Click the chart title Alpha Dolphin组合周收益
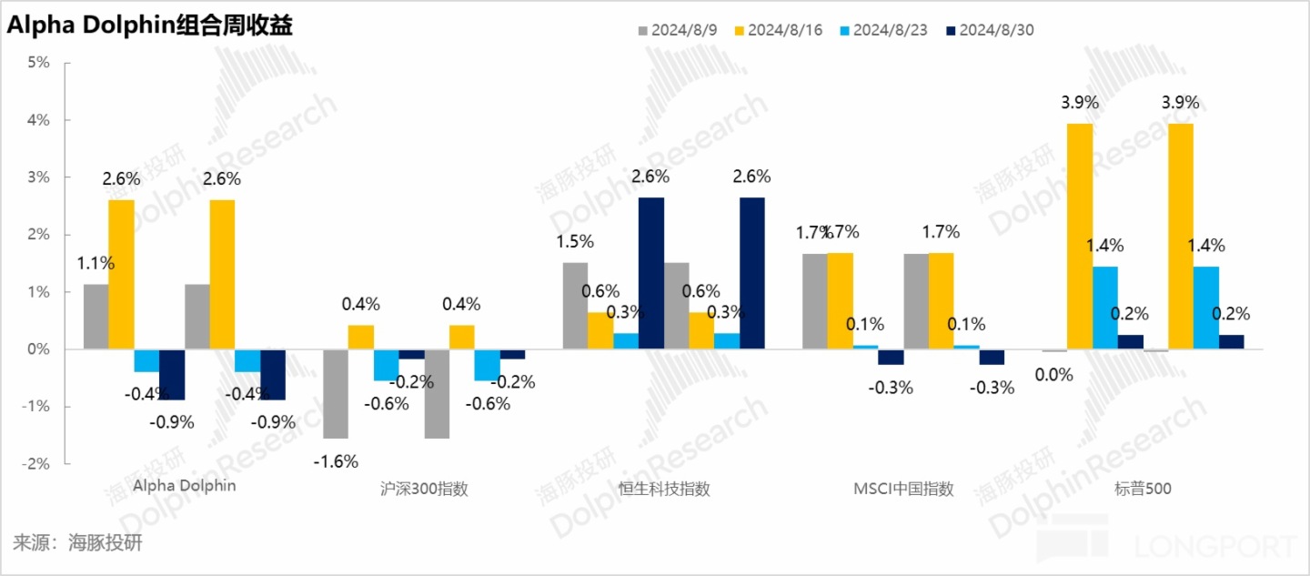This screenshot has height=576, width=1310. point(151,26)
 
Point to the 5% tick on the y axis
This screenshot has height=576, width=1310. point(37,63)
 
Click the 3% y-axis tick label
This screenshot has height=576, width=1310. point(37,177)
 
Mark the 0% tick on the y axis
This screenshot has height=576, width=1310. point(37,349)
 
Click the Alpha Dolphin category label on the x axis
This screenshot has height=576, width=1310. point(185,486)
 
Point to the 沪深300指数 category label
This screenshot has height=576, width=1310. point(425,489)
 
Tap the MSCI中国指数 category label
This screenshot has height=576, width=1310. point(903,489)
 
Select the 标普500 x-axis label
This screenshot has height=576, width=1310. point(1143,489)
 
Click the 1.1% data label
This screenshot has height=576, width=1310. point(96,264)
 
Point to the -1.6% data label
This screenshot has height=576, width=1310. point(336,461)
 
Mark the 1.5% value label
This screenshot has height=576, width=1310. point(574,242)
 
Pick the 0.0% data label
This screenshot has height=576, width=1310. point(1054,374)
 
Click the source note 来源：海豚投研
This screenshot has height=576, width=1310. point(77,544)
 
